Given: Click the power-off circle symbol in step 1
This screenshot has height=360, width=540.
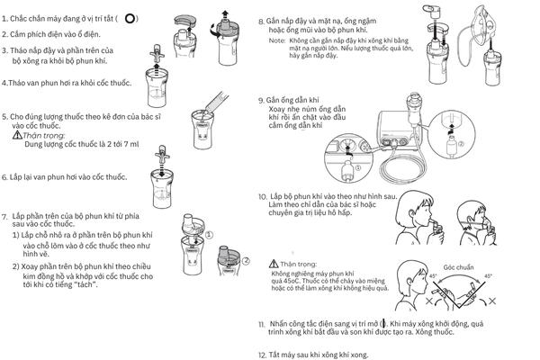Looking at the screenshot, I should coord(131,18).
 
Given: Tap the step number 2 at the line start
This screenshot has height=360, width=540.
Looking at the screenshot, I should coord(4,34).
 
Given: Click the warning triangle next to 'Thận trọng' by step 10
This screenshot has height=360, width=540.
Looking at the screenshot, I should coord(274,264).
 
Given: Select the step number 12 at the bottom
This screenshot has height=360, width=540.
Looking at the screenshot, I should coord(262,354).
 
